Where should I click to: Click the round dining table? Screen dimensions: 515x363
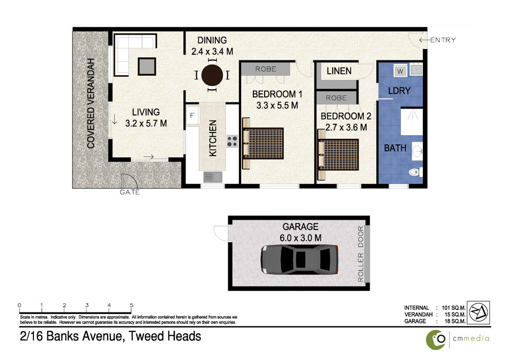(212, 75)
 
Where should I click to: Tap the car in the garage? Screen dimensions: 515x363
(299, 259)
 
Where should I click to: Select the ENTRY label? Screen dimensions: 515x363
(443, 40)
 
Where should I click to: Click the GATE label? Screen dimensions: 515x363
(130, 192)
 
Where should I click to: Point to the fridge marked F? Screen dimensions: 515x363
(192, 115)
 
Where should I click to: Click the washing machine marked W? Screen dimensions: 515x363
(400, 71)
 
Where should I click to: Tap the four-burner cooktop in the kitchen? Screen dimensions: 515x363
(232, 141)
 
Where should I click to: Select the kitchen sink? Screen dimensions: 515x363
(213, 177)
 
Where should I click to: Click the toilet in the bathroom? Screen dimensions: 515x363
(416, 172)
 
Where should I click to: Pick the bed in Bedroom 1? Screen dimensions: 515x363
(263, 143)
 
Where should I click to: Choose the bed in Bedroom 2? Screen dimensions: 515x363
(338, 155)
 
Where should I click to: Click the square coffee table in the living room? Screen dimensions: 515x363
(147, 67)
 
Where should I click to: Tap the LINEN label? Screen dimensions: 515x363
(339, 71)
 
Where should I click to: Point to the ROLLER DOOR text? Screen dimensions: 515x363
(360, 254)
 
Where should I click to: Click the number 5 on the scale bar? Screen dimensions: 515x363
(131, 305)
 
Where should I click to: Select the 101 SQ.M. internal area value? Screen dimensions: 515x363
(454, 308)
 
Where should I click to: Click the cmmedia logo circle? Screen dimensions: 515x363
(436, 340)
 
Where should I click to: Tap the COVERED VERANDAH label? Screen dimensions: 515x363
(91, 103)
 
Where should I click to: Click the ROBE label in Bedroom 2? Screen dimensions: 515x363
(336, 98)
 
